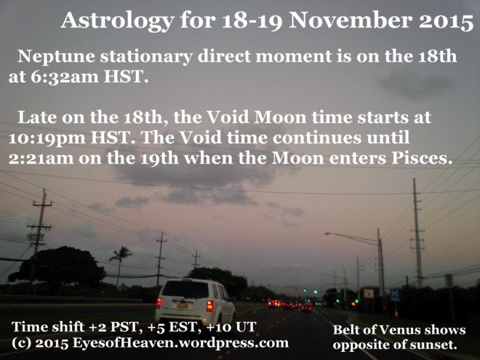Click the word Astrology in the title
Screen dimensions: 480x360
click(x=117, y=22)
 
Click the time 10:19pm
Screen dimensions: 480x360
click(x=47, y=138)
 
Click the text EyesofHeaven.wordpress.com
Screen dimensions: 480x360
click(x=181, y=342)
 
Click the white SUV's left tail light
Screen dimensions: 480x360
click(x=159, y=303)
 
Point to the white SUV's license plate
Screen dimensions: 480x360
click(x=183, y=305)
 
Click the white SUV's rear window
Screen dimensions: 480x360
click(x=185, y=289)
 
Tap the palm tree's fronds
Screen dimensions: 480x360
click(x=121, y=254)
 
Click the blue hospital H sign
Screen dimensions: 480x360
click(x=395, y=294)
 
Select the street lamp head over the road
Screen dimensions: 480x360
click(x=328, y=234)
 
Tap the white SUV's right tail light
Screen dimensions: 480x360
click(x=210, y=306)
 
